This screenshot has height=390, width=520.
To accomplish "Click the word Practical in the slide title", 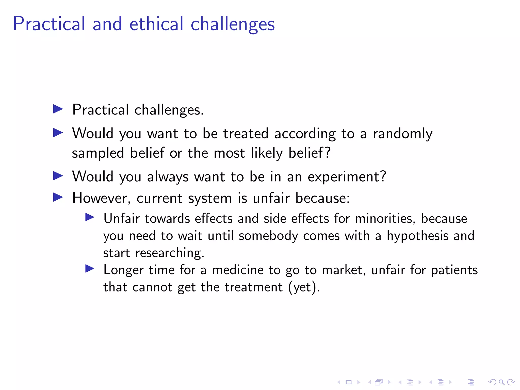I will coord(49,24).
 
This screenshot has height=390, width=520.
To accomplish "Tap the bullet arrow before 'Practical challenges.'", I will coord(58,109).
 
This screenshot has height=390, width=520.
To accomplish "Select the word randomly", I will coord(402,134).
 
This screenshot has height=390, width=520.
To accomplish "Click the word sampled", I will coord(98,153).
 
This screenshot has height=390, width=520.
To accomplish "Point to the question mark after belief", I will coord(328,152).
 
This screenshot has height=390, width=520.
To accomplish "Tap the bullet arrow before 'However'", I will coord(58,197).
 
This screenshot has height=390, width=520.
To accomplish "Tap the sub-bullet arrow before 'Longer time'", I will coord(90,269).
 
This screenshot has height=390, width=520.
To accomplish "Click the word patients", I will coord(454,270).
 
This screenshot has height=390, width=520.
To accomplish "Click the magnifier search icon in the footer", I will coord(501,382).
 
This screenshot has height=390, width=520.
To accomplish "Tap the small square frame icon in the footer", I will coord(349,382).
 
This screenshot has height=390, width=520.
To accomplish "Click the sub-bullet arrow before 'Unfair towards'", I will coord(90,217).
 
